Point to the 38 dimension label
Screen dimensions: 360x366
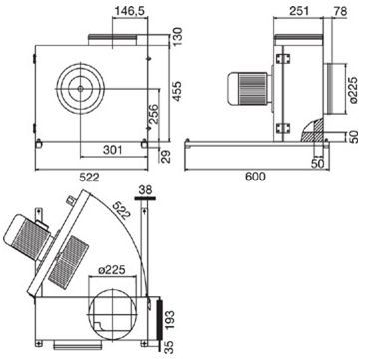tap(145, 189)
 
